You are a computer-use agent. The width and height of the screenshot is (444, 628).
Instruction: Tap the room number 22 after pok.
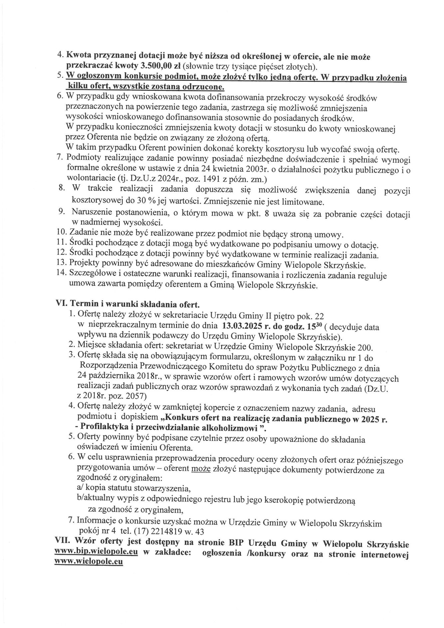point(319,316)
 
